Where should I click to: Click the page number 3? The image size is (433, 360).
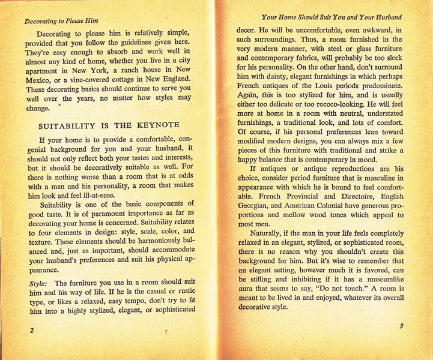pyautogui.click(x=401, y=326)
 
